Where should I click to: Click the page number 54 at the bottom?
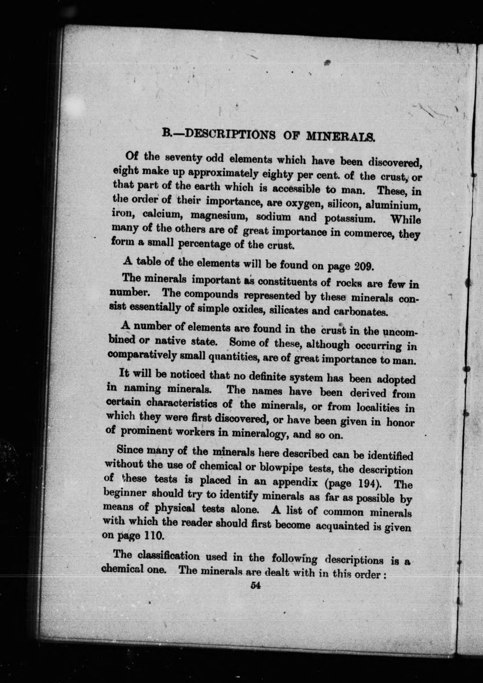(256, 586)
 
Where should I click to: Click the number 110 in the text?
(154, 535)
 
